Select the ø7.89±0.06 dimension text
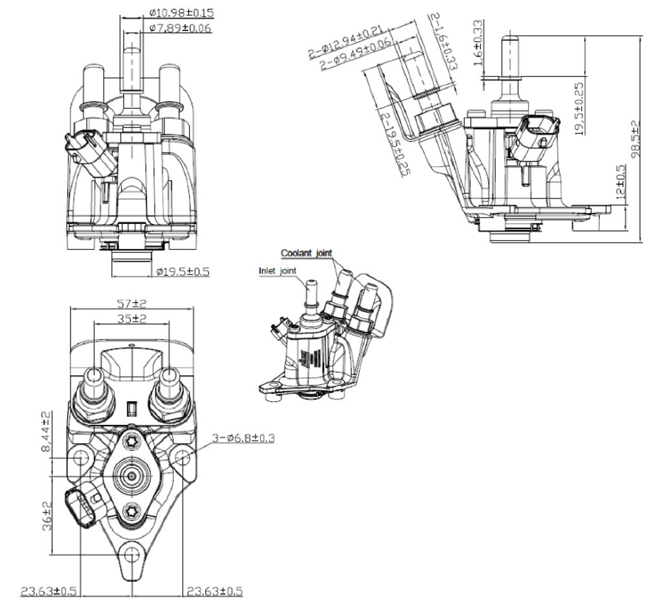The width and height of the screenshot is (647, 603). pyautogui.click(x=179, y=28)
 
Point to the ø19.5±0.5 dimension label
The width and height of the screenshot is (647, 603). pyautogui.click(x=182, y=272)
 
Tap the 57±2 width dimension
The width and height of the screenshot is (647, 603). pyautogui.click(x=132, y=303)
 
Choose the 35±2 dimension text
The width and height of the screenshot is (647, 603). pyautogui.click(x=132, y=318)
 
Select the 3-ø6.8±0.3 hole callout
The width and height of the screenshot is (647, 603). pyautogui.click(x=243, y=439)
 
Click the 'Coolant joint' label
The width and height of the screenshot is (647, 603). pyautogui.click(x=306, y=253)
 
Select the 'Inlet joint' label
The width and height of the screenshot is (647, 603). pyautogui.click(x=278, y=271)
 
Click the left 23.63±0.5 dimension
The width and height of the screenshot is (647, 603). pyautogui.click(x=49, y=591)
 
